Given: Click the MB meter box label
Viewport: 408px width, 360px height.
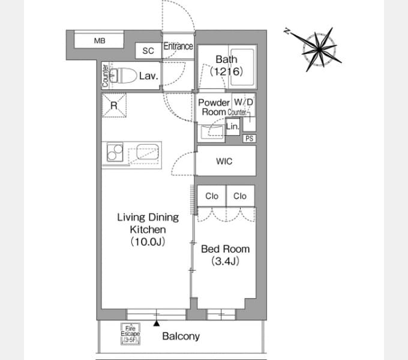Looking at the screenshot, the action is click(x=100, y=41).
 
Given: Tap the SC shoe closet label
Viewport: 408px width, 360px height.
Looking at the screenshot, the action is click(x=148, y=51).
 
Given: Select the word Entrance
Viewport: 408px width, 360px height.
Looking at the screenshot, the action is click(x=178, y=46).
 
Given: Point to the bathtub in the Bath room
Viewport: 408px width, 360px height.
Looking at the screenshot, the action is click(x=242, y=67).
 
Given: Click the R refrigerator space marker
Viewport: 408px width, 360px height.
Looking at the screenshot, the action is click(x=114, y=106).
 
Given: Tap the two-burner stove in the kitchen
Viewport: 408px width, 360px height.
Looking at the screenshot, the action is click(x=115, y=152).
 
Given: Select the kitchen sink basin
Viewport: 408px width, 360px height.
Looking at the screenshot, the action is click(x=148, y=151).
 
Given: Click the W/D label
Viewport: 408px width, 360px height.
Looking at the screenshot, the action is click(x=243, y=102).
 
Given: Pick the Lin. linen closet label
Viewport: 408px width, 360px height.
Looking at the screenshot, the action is click(x=232, y=127).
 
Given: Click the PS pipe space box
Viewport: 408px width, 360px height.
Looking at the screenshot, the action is click(x=249, y=139).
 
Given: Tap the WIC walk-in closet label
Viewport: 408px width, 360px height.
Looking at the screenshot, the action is click(x=224, y=161).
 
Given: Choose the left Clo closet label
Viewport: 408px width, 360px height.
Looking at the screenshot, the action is click(x=212, y=196).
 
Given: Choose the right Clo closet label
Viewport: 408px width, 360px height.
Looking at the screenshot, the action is click(x=239, y=196).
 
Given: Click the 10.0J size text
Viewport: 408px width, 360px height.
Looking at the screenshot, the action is click(x=148, y=242).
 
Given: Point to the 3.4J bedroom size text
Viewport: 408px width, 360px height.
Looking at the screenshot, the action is click(x=226, y=261).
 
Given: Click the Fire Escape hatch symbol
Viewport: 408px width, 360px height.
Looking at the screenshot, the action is click(x=130, y=334).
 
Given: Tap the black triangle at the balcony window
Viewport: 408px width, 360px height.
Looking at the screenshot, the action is click(x=157, y=323).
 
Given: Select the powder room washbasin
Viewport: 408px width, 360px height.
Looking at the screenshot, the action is click(x=211, y=132).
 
